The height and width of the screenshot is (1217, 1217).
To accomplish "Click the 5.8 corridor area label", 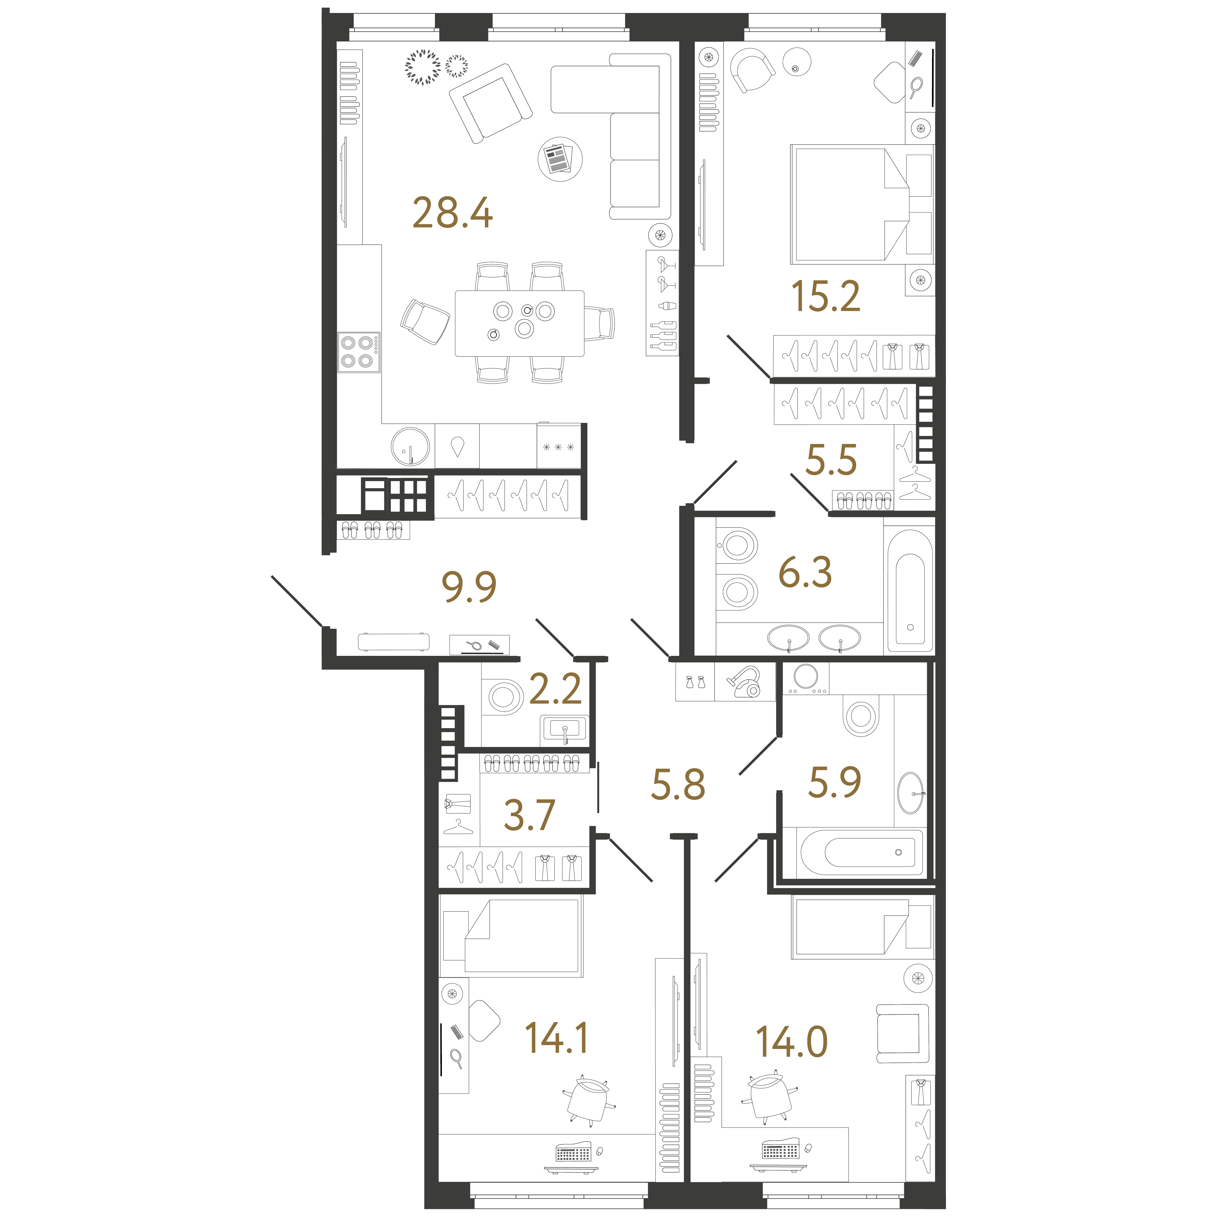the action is (678, 785).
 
